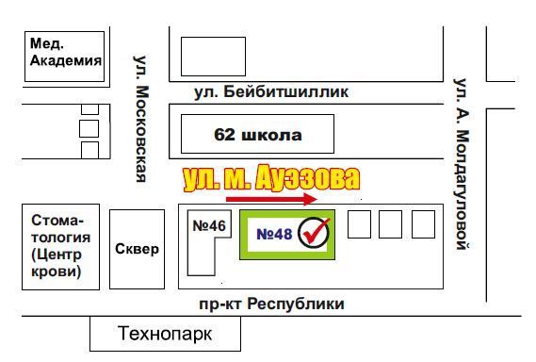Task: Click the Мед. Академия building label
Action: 65,53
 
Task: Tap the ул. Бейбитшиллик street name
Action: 271,92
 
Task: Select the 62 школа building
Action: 257,134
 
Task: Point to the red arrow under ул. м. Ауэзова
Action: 271,200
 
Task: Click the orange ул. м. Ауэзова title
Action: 271,177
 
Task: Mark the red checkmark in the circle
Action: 314,233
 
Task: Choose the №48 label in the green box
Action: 268,232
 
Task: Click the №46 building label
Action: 209,226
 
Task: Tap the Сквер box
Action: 137,249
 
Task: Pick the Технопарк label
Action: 165,334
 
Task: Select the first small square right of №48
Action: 359,224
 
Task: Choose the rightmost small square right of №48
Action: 423,224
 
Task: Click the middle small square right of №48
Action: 391,224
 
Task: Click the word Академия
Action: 65,61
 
